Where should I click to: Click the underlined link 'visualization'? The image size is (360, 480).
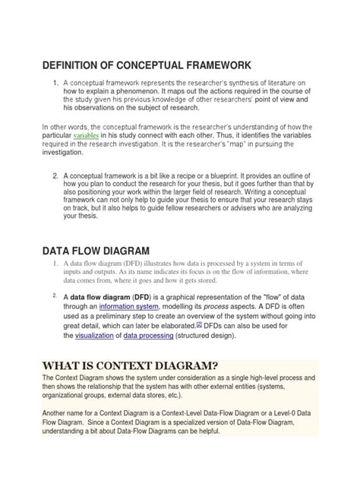point(94,335)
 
